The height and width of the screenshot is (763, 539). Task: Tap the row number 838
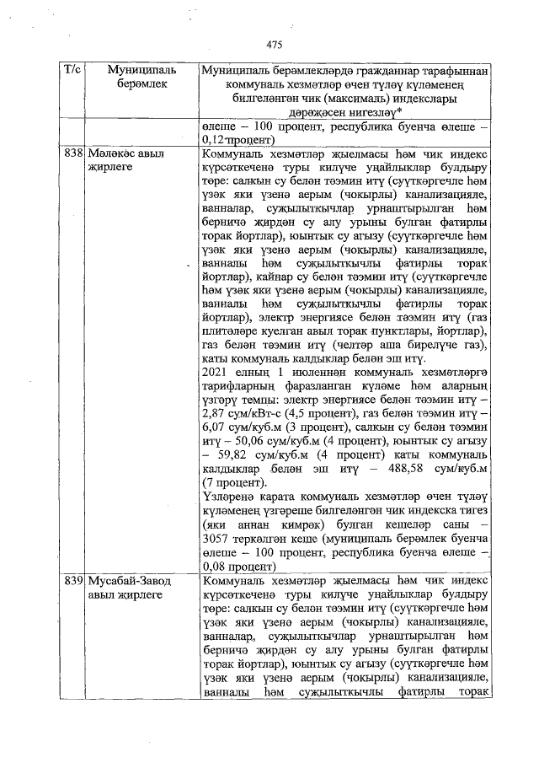point(74,154)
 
